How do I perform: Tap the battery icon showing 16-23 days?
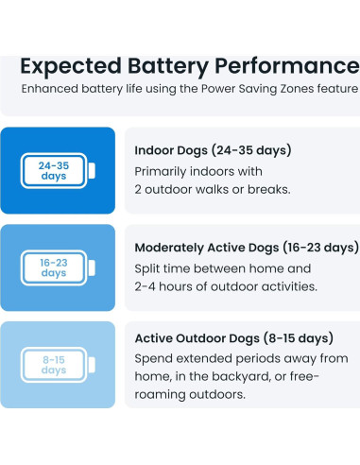click(x=57, y=267)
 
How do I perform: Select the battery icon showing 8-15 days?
click(x=57, y=365)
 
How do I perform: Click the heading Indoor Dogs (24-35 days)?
click(x=214, y=150)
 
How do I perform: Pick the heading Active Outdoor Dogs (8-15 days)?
click(x=234, y=337)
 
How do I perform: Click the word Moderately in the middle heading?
click(x=177, y=247)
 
